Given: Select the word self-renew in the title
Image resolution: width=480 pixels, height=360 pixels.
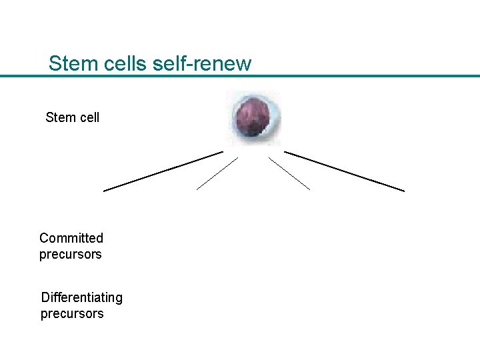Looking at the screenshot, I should pyautogui.click(x=201, y=64).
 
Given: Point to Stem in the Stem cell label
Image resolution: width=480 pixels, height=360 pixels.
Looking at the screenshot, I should pyautogui.click(x=60, y=117).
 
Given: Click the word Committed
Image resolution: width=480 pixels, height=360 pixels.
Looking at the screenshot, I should pyautogui.click(x=71, y=238).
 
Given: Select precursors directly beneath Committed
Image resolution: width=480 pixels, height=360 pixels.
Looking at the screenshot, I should pyautogui.click(x=71, y=254).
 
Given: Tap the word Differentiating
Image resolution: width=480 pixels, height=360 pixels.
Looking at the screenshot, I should pyautogui.click(x=81, y=297).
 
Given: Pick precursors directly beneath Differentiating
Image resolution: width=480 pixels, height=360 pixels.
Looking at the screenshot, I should pyautogui.click(x=72, y=313).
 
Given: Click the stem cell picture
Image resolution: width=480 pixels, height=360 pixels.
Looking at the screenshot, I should pyautogui.click(x=253, y=117).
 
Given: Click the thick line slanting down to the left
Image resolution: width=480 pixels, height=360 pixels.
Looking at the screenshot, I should pyautogui.click(x=163, y=171).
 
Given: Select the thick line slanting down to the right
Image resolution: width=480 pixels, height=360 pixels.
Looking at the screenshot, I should pyautogui.click(x=344, y=171).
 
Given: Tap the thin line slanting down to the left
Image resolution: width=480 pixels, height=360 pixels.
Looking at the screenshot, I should pyautogui.click(x=217, y=173).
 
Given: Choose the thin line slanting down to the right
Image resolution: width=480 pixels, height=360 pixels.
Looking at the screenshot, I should pyautogui.click(x=289, y=173).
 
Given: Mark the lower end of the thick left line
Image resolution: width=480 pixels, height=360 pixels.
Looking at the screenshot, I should pyautogui.click(x=105, y=191).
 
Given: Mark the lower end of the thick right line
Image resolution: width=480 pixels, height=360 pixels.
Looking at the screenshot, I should pyautogui.click(x=403, y=191).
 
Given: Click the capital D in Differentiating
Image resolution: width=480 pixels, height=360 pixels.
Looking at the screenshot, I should pyautogui.click(x=45, y=297).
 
